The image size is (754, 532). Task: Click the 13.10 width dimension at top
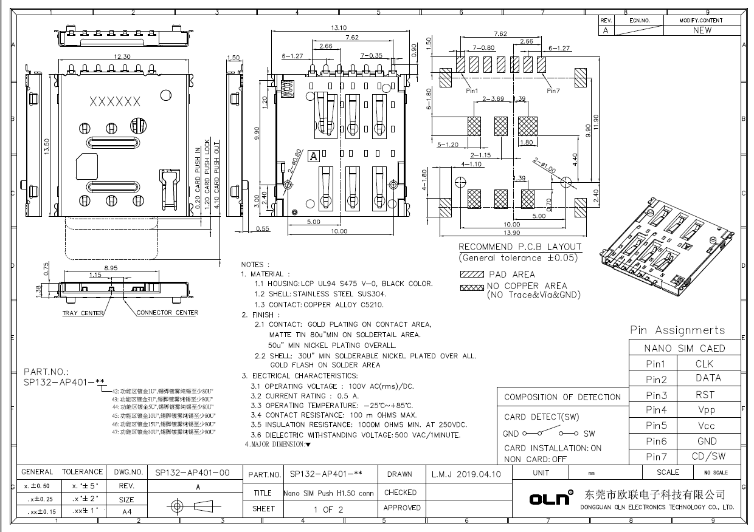pyautogui.click(x=339, y=28)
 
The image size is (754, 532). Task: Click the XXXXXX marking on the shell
pyautogui.click(x=115, y=101)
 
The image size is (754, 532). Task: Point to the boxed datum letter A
pyautogui.click(x=314, y=156)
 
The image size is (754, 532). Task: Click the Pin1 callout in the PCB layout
pyautogui.click(x=472, y=90)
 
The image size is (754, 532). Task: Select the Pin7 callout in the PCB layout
pyautogui.click(x=553, y=90)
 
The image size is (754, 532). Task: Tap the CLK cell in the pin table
pyautogui.click(x=704, y=364)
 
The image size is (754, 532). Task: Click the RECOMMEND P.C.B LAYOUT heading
pyautogui.click(x=520, y=247)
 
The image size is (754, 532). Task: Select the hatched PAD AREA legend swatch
pyautogui.click(x=472, y=275)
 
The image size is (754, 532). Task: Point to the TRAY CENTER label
pyautogui.click(x=83, y=313)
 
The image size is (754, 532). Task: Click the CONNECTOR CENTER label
pyautogui.click(x=167, y=313)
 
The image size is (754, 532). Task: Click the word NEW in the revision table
pyautogui.click(x=702, y=30)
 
